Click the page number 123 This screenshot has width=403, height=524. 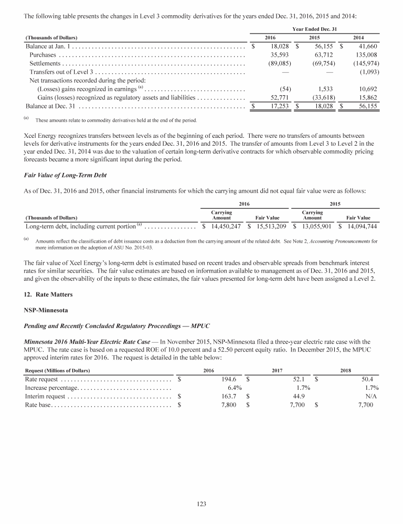(x=201, y=504)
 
